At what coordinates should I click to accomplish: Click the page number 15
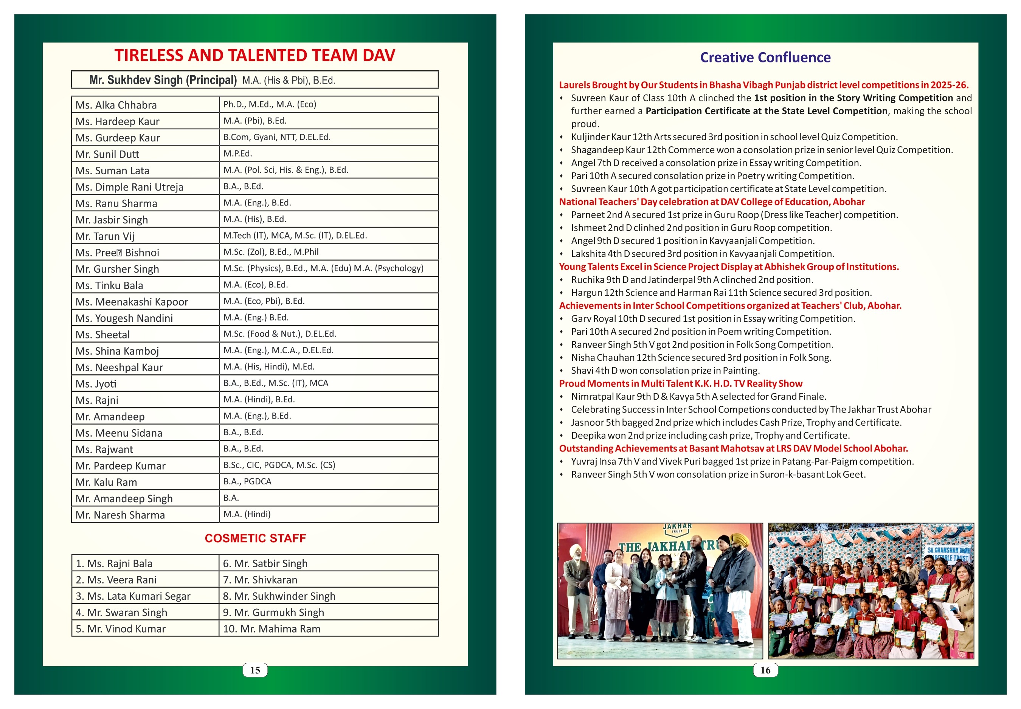coord(255,670)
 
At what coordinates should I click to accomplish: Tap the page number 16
coord(765,670)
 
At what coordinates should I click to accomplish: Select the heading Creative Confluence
coord(765,57)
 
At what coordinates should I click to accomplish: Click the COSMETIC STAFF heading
coord(255,538)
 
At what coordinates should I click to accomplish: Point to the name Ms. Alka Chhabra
coord(116,105)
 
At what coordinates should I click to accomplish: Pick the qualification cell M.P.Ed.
coord(238,153)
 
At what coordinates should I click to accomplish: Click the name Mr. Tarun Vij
coord(105,236)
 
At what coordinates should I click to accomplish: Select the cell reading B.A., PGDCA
coord(247,481)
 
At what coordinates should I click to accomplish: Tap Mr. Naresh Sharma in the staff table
coord(120,515)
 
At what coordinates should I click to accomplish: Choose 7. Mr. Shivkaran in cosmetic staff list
coord(260,579)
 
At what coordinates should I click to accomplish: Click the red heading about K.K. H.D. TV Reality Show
coord(680,383)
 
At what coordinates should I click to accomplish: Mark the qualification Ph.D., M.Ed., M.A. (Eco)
coord(270,104)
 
